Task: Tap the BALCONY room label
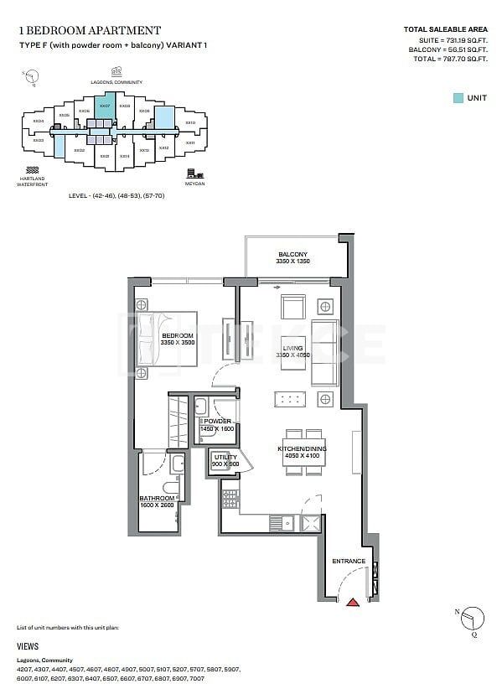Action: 293,255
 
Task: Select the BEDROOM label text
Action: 178,335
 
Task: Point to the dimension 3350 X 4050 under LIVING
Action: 292,355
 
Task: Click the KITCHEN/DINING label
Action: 302,450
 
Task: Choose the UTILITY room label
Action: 225,458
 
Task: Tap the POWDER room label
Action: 217,422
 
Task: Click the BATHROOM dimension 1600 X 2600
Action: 157,505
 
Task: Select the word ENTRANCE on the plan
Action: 349,561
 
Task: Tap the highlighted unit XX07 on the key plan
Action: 104,109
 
